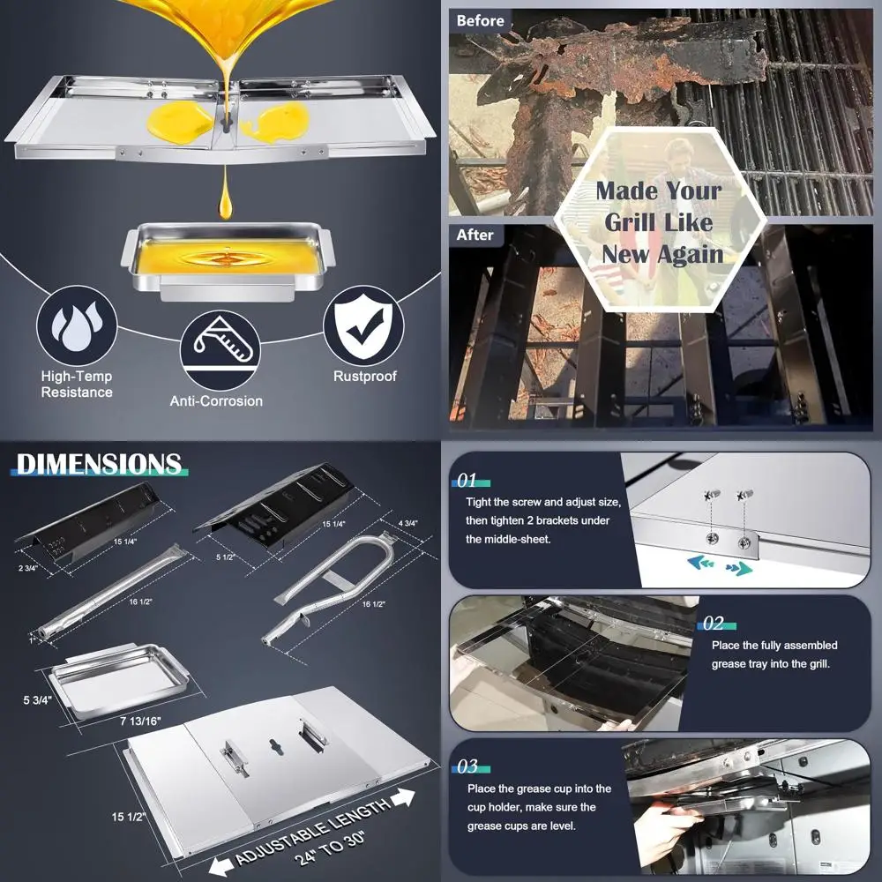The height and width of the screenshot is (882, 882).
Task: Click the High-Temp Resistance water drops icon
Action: point(77,326)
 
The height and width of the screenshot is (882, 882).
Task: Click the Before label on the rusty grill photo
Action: point(481,20)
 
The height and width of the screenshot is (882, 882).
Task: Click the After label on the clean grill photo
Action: point(475,235)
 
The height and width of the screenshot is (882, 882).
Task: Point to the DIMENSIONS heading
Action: point(98,465)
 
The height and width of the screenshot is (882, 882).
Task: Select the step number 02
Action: point(714,624)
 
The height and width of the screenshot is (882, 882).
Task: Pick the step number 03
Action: point(467,766)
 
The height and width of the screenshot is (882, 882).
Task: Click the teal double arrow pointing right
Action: point(739,569)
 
